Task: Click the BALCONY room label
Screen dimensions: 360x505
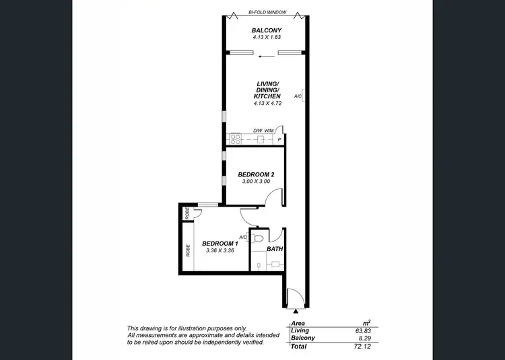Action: (266, 31)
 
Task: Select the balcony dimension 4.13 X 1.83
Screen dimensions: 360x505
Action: (266, 38)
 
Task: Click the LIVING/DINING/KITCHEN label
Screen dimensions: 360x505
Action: (267, 90)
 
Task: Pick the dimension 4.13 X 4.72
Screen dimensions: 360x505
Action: (267, 104)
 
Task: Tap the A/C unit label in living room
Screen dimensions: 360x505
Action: (297, 96)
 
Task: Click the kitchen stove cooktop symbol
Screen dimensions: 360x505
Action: (236, 139)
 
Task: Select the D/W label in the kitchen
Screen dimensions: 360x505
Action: (257, 131)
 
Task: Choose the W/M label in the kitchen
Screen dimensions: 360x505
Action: (269, 131)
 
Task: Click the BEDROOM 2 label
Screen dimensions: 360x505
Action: (255, 174)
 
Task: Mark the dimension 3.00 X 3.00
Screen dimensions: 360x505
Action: (255, 182)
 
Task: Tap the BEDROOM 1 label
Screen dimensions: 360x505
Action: (220, 244)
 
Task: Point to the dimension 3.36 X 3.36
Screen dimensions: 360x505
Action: (220, 251)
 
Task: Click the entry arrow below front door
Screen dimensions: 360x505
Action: (296, 312)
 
